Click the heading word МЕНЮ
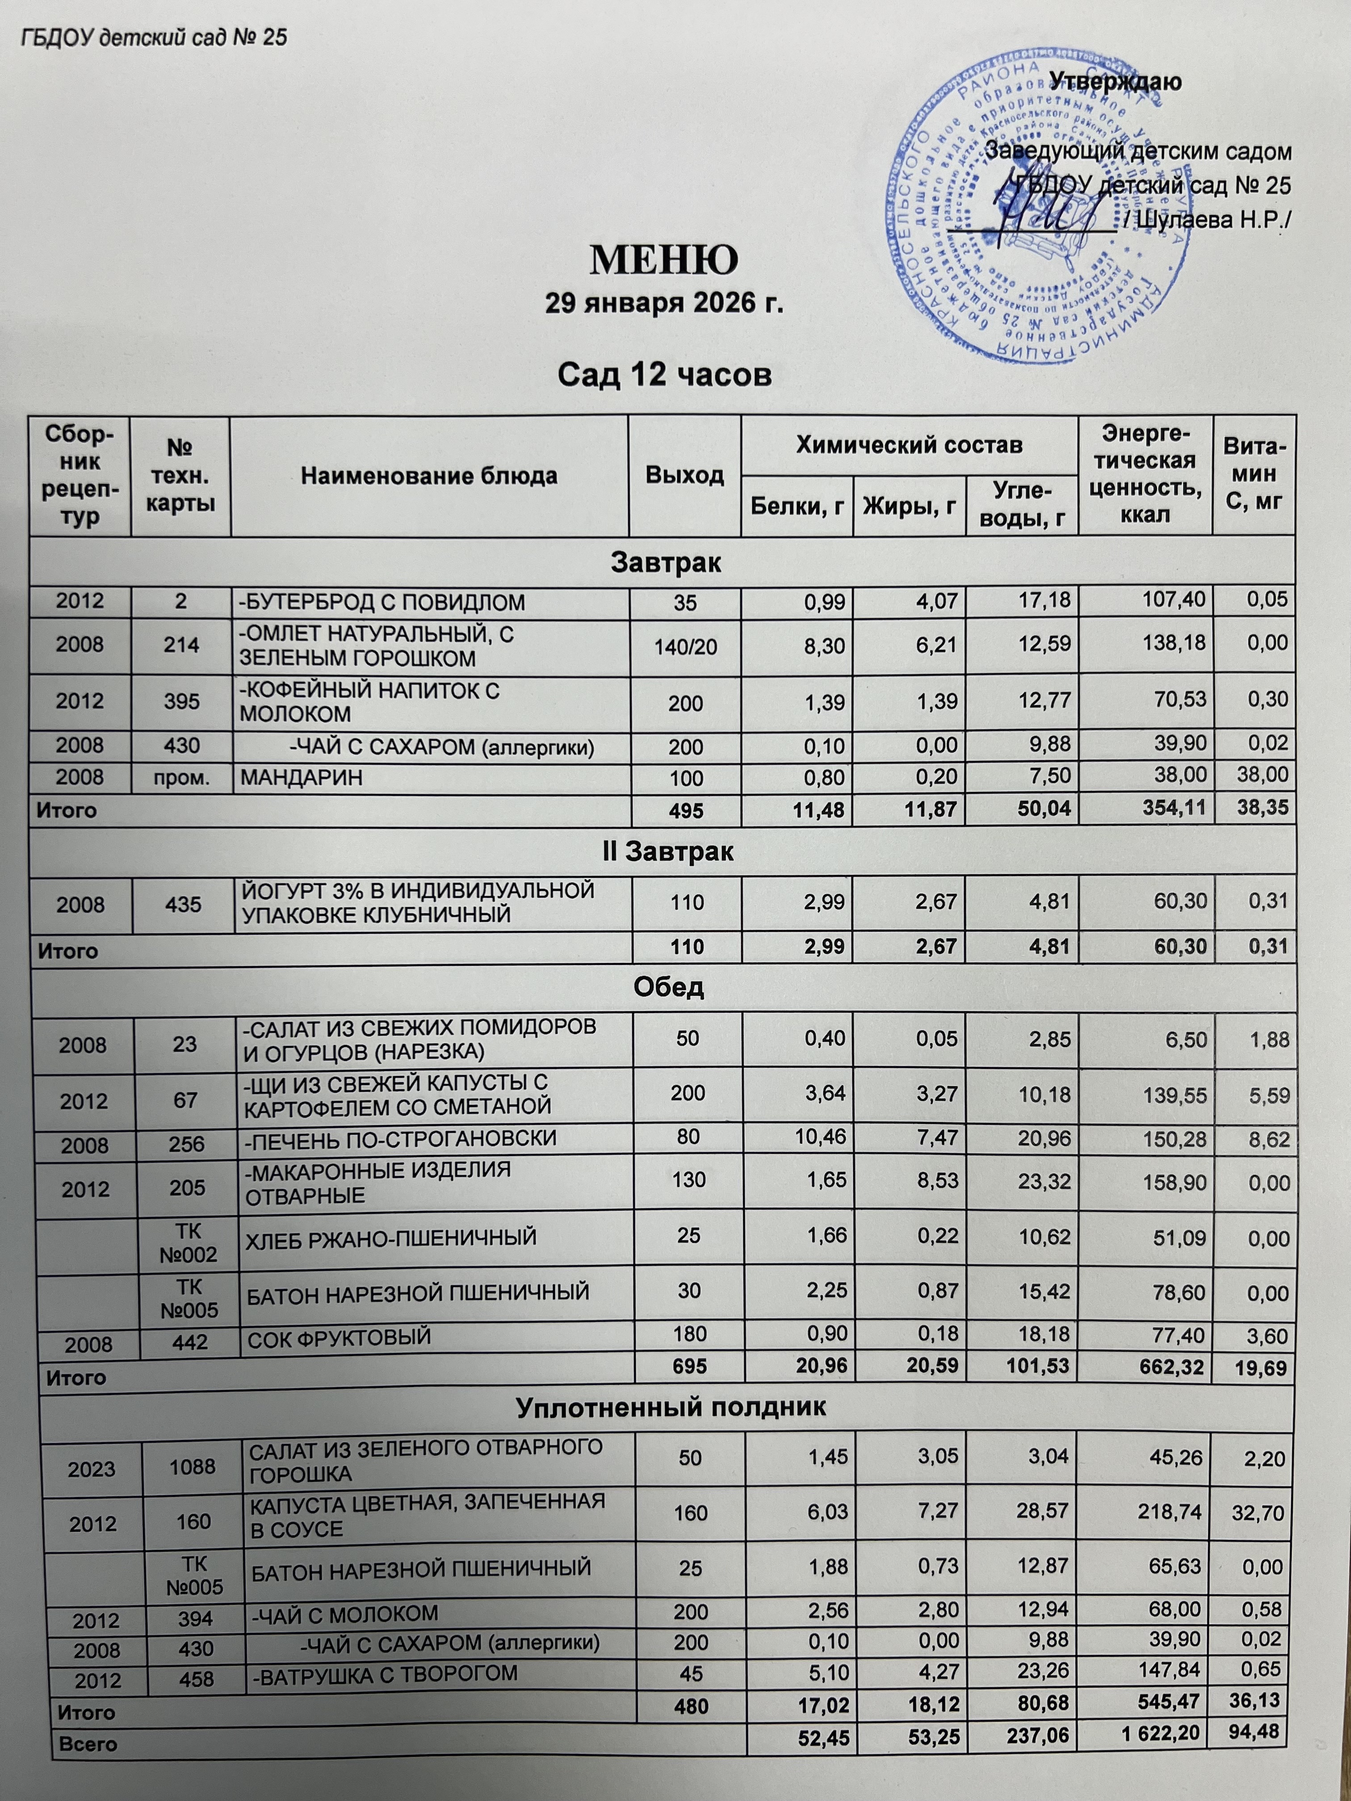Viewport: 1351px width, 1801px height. click(664, 259)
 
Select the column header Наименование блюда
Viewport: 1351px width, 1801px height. click(429, 476)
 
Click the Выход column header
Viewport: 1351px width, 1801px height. click(685, 476)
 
